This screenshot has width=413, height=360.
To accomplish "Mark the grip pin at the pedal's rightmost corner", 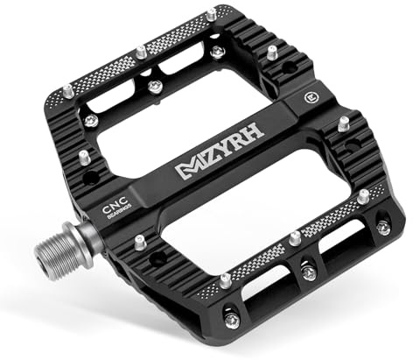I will click(x=382, y=227).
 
